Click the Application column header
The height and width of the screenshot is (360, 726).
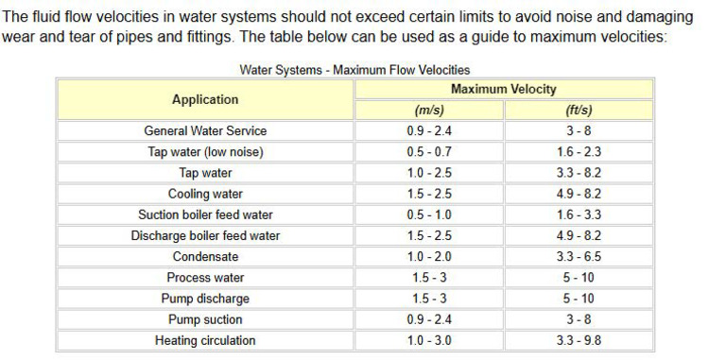pyautogui.click(x=205, y=99)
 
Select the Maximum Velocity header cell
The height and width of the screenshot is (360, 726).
pyautogui.click(x=503, y=89)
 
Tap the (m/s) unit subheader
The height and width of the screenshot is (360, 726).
pyautogui.click(x=429, y=110)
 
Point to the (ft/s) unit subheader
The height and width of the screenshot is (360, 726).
pyautogui.click(x=578, y=110)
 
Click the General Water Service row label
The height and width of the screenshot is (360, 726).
pyautogui.click(x=205, y=130)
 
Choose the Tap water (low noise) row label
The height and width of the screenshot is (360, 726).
pyautogui.click(x=205, y=151)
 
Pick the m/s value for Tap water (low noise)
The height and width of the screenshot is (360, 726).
pyautogui.click(x=429, y=151)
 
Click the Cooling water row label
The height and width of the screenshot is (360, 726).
pyautogui.click(x=205, y=194)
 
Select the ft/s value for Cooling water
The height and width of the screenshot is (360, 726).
pyautogui.click(x=579, y=194)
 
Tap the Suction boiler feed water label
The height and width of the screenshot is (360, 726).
pyautogui.click(x=205, y=214)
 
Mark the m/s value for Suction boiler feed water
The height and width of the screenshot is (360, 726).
pyautogui.click(x=429, y=214)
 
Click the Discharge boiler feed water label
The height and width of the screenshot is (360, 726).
pyautogui.click(x=205, y=235)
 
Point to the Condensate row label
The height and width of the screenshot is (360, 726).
pyautogui.click(x=205, y=256)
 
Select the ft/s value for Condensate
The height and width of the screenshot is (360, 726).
pyautogui.click(x=579, y=256)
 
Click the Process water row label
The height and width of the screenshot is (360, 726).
pyautogui.click(x=205, y=278)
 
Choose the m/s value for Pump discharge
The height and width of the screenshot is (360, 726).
pyautogui.click(x=429, y=299)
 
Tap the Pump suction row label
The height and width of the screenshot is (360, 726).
pyautogui.click(x=205, y=319)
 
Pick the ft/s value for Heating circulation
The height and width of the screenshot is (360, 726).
pyautogui.click(x=579, y=340)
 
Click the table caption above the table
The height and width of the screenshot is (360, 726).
pyautogui.click(x=354, y=70)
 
